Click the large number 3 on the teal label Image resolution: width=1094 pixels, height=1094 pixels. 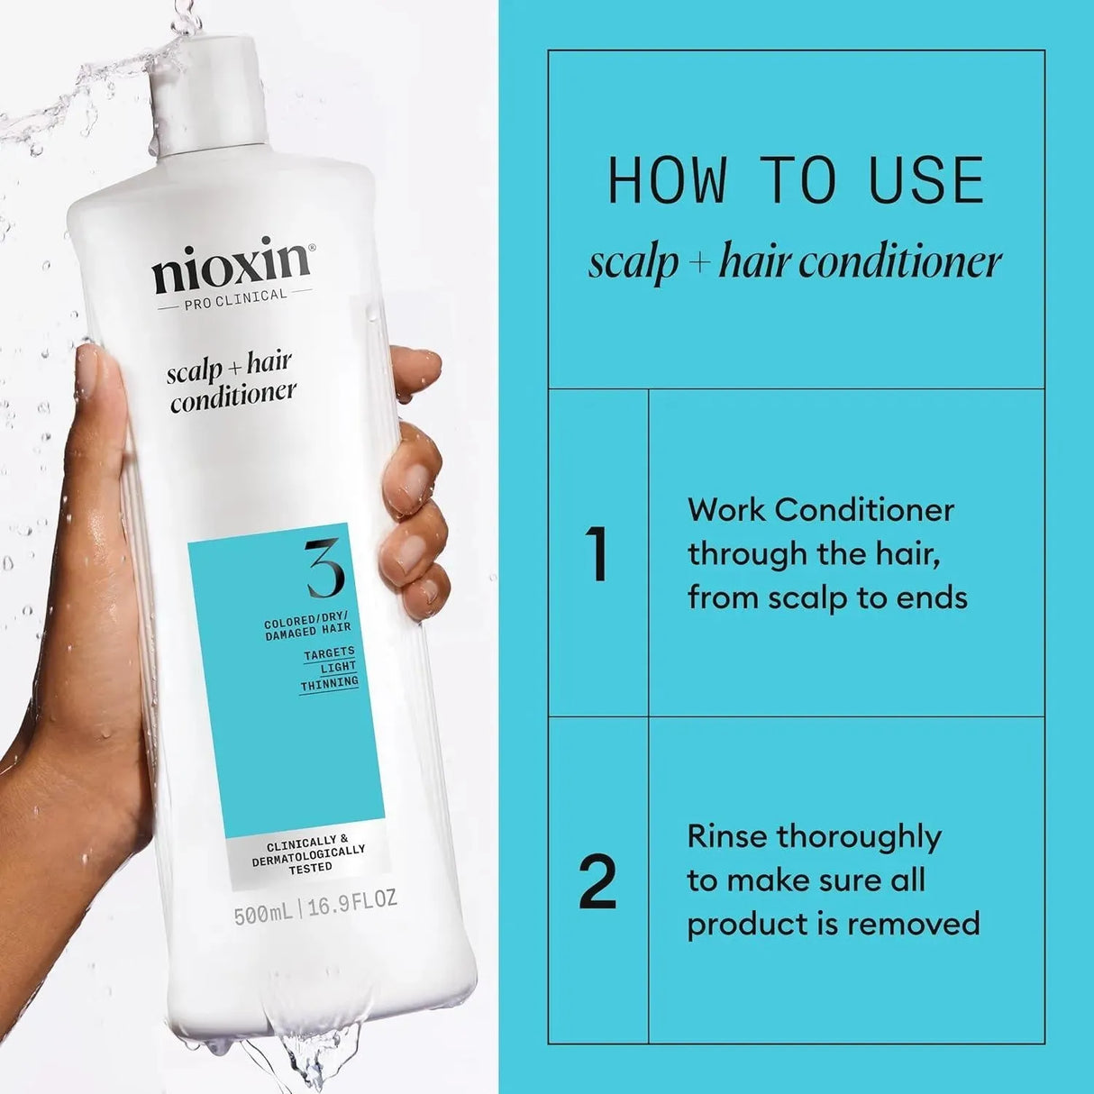tap(324, 569)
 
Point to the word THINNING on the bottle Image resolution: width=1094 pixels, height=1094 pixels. tap(329, 684)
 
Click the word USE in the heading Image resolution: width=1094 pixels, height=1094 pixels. tap(926, 180)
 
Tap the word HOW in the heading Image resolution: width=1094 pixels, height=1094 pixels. tap(668, 180)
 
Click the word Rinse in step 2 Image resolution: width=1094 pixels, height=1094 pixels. tap(726, 836)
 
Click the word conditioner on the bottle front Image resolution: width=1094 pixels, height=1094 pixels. tap(233, 395)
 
